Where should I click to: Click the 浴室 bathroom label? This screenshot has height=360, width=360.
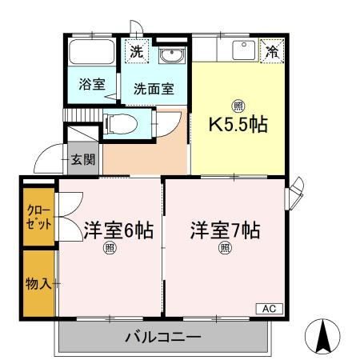[x=91, y=83]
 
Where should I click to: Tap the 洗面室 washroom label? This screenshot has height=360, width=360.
[x=154, y=89]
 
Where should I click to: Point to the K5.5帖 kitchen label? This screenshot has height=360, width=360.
[x=238, y=125]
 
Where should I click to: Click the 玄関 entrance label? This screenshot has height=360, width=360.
[x=82, y=158]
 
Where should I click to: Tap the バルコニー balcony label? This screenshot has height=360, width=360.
[x=162, y=337]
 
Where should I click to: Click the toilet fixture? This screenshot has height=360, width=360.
[x=121, y=124]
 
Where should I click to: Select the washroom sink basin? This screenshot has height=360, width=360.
[x=170, y=55]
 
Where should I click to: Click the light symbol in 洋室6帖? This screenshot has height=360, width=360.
[x=110, y=248]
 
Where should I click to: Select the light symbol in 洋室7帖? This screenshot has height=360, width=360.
[x=226, y=248]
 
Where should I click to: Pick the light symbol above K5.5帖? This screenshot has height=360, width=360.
[x=238, y=105]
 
